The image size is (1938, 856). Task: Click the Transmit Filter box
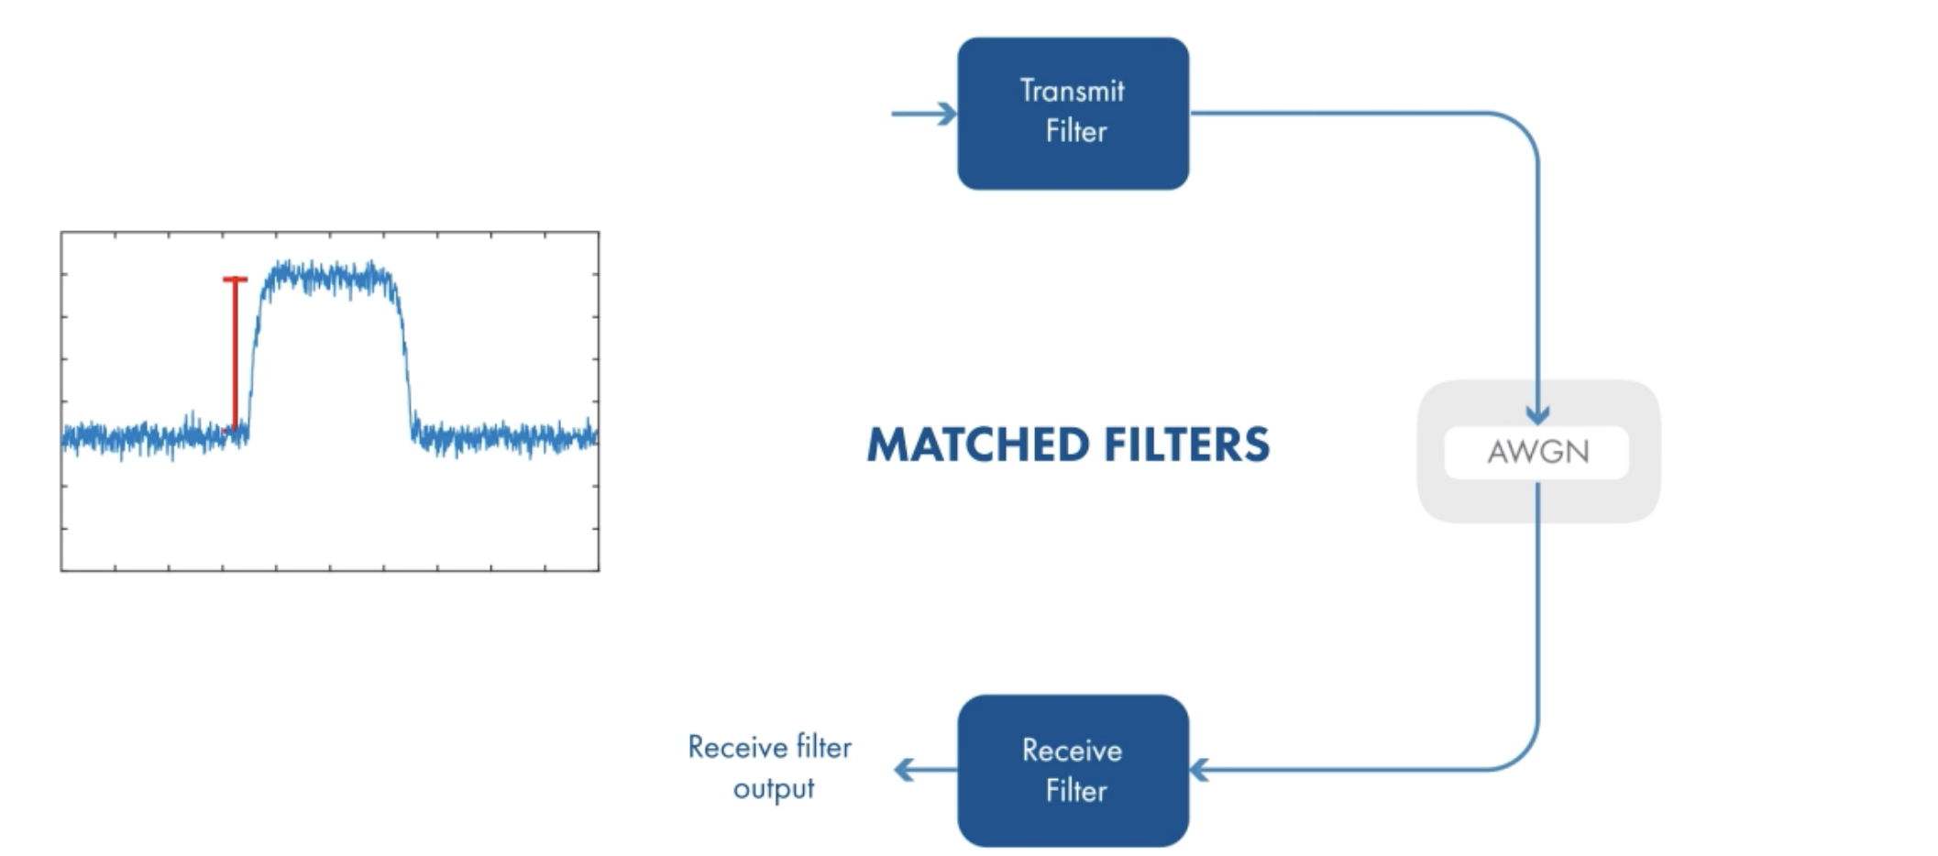click(1073, 114)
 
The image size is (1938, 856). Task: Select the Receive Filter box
click(1073, 770)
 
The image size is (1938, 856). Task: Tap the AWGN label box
click(1536, 452)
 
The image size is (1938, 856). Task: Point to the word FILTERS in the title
click(1187, 444)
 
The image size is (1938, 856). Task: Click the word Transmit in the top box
click(1072, 91)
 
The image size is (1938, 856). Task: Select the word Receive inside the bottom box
click(1072, 751)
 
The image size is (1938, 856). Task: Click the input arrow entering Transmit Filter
click(924, 114)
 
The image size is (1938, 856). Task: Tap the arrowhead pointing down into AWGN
click(1537, 414)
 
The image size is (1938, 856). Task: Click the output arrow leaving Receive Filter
click(925, 770)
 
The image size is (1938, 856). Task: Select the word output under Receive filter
click(774, 789)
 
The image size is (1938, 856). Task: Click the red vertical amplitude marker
click(235, 354)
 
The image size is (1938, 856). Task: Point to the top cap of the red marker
click(235, 279)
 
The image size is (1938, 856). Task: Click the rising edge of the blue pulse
click(255, 353)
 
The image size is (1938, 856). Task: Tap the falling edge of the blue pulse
click(404, 353)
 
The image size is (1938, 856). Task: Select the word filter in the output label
click(824, 747)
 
